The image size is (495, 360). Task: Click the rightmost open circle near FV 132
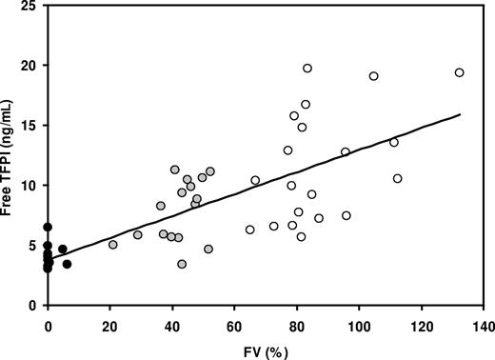pos(459,72)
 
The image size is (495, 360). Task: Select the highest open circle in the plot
pos(307,69)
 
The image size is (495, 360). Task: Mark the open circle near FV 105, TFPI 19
pos(373,76)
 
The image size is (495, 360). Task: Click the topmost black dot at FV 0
pos(48,227)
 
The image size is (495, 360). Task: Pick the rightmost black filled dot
pos(67,264)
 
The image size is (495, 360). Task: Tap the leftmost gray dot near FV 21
pos(113,245)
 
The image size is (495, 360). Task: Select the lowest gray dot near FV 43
pos(182,264)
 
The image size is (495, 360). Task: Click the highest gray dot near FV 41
pos(175,170)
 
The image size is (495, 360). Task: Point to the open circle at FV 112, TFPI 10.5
pos(397,178)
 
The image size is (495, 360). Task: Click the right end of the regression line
pos(460,114)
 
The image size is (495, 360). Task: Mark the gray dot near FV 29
pos(138,234)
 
